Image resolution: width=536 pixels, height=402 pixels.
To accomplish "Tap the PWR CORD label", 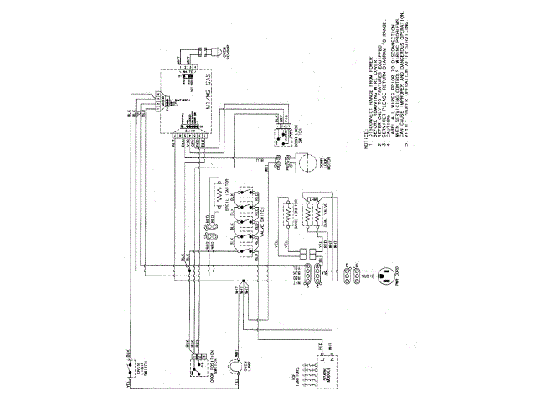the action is [405, 274].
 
